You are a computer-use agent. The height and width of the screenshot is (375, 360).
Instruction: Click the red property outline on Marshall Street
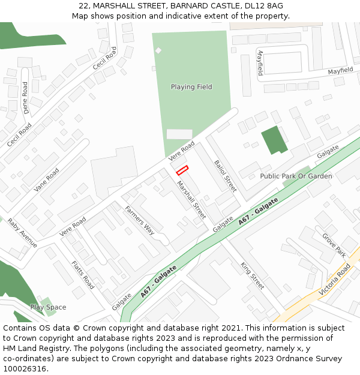pyautogui.click(x=182, y=170)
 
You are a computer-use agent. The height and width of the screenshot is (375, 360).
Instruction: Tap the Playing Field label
pyautogui.click(x=191, y=87)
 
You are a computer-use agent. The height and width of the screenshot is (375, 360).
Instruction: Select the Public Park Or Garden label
pyautogui.click(x=296, y=176)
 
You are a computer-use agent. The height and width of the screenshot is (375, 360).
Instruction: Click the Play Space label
pyautogui.click(x=48, y=307)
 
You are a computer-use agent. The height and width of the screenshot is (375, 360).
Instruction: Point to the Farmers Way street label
pyautogui.click(x=140, y=220)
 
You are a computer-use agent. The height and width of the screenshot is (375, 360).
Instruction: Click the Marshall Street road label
pyautogui.click(x=191, y=200)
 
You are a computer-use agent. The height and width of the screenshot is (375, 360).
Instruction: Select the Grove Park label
pyautogui.click(x=334, y=243)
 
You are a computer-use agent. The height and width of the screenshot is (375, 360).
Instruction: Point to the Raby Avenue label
pyautogui.click(x=22, y=233)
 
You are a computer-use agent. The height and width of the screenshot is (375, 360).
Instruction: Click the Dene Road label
pyautogui.click(x=25, y=97)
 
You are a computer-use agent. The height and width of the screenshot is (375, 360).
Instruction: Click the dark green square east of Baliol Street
pyautogui.click(x=274, y=140)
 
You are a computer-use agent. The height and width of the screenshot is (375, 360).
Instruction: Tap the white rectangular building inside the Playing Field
pyautogui.click(x=179, y=134)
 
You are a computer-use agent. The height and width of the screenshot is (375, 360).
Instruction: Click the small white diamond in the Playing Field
pyautogui.click(x=158, y=50)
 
